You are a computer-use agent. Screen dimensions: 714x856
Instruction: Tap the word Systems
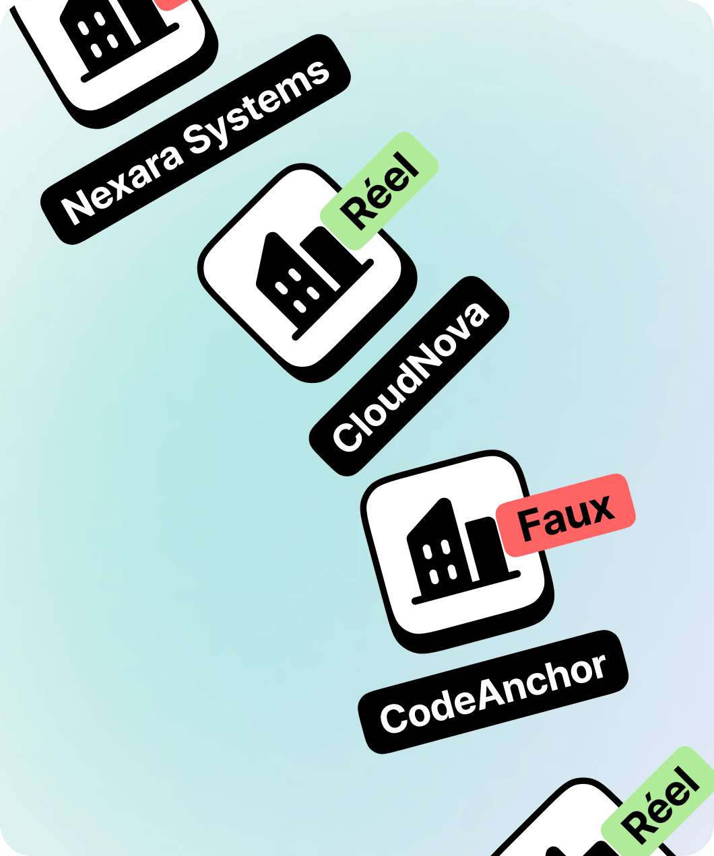pos(257,108)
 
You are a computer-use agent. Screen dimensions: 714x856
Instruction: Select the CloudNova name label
pos(410,376)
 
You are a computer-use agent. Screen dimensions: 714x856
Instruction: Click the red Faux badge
pos(566,515)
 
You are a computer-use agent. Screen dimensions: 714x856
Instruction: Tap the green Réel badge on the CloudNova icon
pos(379,190)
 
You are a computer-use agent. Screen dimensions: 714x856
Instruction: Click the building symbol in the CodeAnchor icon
pos(462,551)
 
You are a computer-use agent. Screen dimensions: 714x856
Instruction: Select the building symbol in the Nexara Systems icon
pos(120,37)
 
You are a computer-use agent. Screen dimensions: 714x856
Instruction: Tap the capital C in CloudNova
pos(348,437)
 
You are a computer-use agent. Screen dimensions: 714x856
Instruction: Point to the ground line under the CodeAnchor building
pos(465,587)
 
